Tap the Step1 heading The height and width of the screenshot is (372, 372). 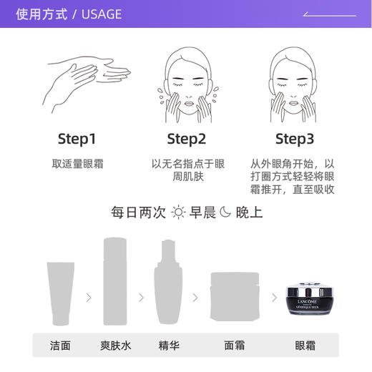tap(77, 138)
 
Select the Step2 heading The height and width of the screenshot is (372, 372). tap(186, 138)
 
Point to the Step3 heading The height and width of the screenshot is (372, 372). tap(295, 138)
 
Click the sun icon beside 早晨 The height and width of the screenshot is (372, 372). tap(178, 212)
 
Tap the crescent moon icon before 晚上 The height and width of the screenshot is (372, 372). tap(225, 212)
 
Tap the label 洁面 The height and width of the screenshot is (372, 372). tap(61, 346)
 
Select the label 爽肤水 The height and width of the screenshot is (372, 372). tap(115, 346)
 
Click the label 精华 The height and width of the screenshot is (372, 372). tap(169, 346)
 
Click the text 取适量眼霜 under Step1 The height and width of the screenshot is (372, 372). tap(77, 164)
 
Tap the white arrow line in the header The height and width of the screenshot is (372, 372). tap(329, 14)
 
